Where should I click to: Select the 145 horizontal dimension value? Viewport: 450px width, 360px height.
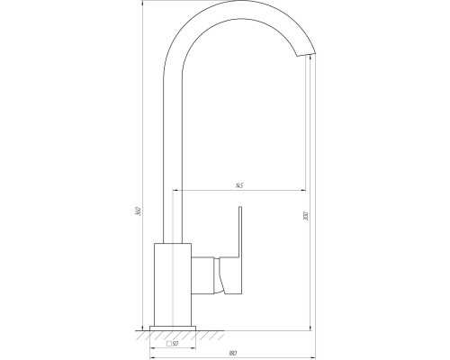click(238, 186)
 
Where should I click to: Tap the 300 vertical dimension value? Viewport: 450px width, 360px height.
click(306, 218)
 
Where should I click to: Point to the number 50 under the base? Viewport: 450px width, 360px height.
click(175, 343)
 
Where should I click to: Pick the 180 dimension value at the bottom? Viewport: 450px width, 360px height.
click(232, 352)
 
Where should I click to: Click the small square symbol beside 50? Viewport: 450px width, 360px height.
click(168, 343)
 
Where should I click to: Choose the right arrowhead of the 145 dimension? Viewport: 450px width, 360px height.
click(304, 191)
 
